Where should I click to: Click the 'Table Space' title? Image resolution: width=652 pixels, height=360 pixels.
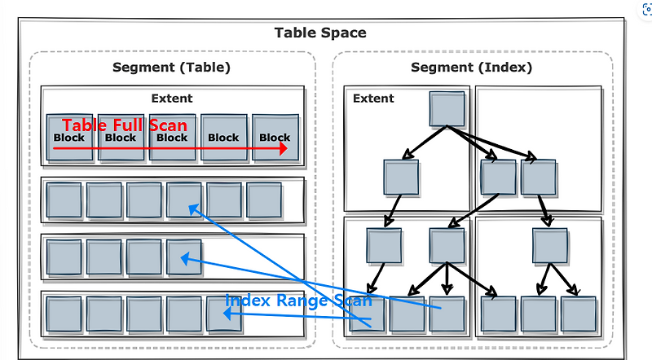tap(320, 33)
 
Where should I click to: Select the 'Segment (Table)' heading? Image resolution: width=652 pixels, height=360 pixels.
tap(171, 68)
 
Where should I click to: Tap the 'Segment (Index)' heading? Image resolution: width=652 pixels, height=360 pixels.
tap(471, 68)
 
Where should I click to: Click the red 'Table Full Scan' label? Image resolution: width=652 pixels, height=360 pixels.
tap(125, 125)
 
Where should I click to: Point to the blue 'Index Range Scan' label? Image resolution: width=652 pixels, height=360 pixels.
tap(298, 301)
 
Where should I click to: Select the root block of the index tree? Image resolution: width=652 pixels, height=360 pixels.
tap(447, 109)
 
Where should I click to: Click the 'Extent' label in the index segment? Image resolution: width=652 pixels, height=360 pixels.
tap(373, 99)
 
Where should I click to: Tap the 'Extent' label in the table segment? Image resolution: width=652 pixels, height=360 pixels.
tap(172, 99)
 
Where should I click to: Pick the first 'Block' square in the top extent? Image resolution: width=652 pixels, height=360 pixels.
tap(69, 138)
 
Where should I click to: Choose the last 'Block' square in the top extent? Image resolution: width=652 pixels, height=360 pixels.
tap(275, 138)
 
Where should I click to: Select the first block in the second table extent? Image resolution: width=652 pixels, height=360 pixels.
tap(64, 200)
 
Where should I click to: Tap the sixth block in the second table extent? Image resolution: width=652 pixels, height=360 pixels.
tap(264, 200)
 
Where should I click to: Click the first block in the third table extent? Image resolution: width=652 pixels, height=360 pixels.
tap(64, 257)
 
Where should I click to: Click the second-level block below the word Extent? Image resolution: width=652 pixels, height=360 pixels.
tap(401, 177)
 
